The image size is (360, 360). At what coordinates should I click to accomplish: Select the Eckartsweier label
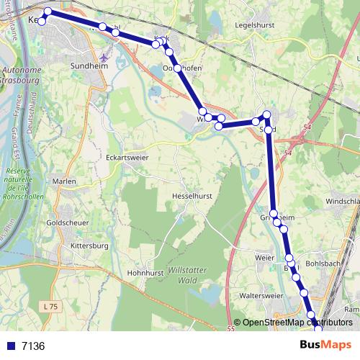tap(125, 155)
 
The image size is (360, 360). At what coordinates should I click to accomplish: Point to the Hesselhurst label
tap(192, 196)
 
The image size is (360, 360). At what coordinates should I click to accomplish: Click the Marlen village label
tap(64, 181)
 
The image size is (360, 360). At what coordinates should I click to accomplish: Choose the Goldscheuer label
tap(67, 223)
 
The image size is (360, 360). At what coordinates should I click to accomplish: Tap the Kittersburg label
tap(89, 246)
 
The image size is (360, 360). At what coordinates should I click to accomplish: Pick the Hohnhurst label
tap(147, 273)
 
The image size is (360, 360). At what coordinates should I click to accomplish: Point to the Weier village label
tap(265, 256)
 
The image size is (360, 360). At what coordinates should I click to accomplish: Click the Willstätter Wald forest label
tap(177, 274)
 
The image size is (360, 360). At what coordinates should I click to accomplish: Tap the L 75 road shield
tap(50, 307)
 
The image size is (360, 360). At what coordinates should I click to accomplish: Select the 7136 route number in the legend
tap(33, 346)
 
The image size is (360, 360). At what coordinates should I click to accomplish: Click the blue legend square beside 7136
tap(10, 346)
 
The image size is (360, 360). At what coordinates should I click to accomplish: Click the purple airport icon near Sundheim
tap(107, 56)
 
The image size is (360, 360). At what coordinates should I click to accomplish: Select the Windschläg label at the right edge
tap(343, 202)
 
